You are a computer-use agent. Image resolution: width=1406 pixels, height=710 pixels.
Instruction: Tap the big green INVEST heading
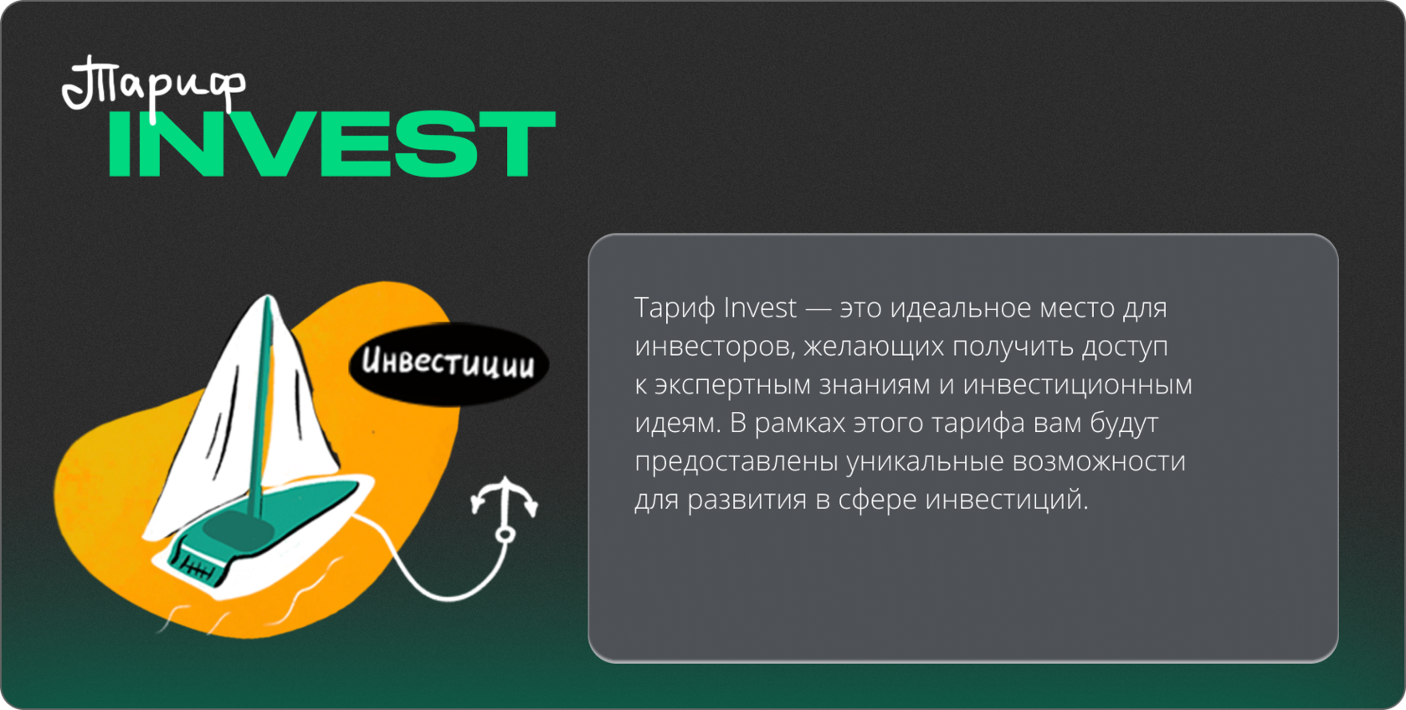(x=332, y=144)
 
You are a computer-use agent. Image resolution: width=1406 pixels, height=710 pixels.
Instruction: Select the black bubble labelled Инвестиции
(x=449, y=363)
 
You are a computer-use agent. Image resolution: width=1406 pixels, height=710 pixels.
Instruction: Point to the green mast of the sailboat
(x=262, y=408)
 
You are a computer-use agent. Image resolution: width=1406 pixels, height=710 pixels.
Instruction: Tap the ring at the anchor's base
(x=505, y=535)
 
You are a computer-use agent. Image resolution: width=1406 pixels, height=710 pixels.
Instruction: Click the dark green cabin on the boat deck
(x=239, y=531)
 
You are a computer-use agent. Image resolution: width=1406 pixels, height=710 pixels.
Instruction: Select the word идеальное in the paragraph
(x=961, y=308)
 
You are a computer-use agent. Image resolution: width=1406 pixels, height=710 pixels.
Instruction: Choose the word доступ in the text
(x=1125, y=347)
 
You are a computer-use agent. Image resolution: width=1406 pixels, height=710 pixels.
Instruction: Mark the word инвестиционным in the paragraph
(x=1078, y=385)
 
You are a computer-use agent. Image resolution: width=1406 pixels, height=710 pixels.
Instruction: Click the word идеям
(x=677, y=424)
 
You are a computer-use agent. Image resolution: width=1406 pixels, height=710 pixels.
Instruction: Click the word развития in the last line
(x=747, y=501)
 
